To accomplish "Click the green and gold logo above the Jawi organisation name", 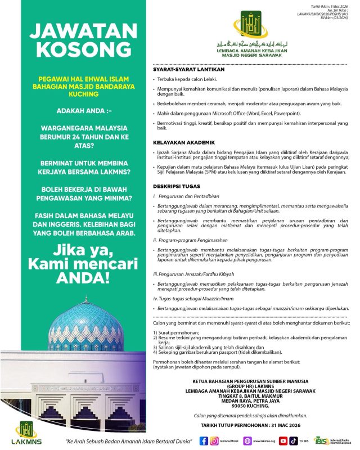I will (x=251, y=24).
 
